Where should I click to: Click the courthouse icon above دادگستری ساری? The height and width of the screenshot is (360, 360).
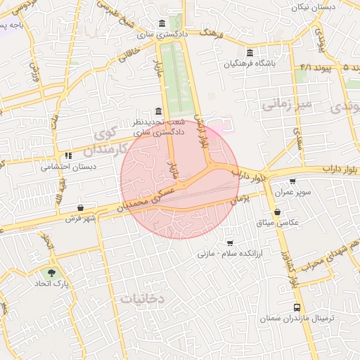163,22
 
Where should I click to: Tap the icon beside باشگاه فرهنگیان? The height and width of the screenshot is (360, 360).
251,53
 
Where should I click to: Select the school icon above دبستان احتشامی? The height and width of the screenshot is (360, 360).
68,155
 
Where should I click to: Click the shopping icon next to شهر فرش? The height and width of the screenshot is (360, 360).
82,208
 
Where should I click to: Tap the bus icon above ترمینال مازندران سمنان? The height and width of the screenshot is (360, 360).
297,307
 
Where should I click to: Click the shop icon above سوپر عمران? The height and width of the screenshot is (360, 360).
292,181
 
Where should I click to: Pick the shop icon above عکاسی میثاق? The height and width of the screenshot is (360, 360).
278,212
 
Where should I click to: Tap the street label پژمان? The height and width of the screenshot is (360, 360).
240,200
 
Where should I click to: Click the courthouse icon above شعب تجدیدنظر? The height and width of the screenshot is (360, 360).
157,111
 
